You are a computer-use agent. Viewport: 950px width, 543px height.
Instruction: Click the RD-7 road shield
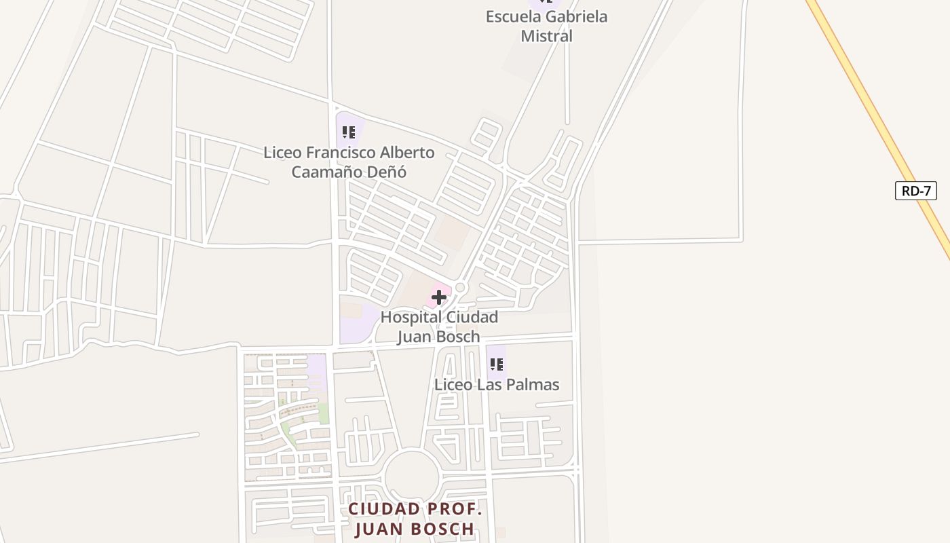point(915,191)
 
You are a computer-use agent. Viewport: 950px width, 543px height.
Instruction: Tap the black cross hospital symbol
point(439,297)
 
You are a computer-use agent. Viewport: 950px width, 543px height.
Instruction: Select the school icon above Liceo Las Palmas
point(497,364)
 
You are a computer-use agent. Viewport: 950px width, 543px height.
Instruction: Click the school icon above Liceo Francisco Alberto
point(349,132)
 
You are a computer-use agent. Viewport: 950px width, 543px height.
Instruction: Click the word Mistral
point(546,36)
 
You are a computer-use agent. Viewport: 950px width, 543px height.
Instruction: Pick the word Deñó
point(387,172)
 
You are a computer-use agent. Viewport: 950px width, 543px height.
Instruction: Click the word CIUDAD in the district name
point(385,509)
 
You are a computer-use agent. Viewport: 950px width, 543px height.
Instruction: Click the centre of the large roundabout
point(412,477)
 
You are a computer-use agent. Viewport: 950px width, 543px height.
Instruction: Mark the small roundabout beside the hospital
point(461,288)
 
